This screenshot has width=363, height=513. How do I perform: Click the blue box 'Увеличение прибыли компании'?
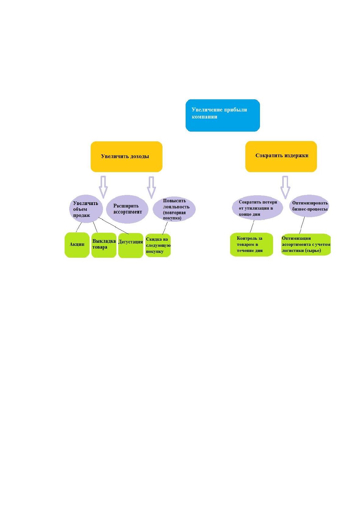222,115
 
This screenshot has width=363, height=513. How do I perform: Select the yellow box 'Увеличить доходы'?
126,157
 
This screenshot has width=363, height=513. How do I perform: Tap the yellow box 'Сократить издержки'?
281,156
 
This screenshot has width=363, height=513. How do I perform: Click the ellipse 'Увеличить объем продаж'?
84,209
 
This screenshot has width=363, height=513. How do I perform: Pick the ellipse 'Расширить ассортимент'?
127,209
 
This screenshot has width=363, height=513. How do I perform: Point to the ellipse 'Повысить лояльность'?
174,209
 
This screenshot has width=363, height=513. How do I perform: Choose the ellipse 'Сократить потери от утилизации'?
257,208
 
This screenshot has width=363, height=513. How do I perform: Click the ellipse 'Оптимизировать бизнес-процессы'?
309,206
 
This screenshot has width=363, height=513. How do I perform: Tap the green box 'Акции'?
77,245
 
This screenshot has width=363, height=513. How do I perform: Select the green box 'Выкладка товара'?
104,245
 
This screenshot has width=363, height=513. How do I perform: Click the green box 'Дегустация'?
131,246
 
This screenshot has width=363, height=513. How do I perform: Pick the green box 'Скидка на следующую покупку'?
158,245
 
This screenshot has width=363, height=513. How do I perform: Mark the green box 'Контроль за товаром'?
251,245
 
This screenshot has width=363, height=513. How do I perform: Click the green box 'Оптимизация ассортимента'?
306,245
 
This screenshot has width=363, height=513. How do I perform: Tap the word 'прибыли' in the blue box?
236,110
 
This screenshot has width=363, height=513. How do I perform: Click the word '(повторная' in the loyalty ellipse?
174,213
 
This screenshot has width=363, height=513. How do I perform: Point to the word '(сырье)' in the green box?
313,250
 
